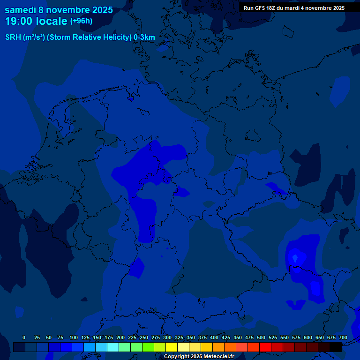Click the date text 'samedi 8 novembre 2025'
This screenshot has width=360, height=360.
(x=59, y=9)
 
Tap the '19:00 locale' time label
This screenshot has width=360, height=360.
(x=36, y=21)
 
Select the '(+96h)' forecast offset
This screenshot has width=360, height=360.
(x=81, y=21)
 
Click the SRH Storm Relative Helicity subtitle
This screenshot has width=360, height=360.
(x=80, y=37)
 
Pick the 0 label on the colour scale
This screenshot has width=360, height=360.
(x=24, y=337)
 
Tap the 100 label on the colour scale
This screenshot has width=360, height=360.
(x=74, y=337)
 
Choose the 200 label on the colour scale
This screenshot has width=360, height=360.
(x=120, y=337)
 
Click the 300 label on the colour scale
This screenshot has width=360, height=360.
(x=167, y=337)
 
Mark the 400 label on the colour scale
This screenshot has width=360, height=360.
(x=214, y=337)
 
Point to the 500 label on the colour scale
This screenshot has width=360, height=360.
(x=261, y=337)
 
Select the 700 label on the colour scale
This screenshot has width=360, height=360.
(x=343, y=337)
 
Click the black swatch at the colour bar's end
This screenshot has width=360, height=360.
(x=336, y=347)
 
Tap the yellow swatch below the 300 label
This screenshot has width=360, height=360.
(x=172, y=347)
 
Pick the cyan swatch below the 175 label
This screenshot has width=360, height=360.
(x=113, y=347)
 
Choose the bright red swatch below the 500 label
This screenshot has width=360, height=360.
(x=265, y=347)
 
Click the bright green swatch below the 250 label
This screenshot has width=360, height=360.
(x=148, y=347)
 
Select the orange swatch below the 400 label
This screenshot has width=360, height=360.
(x=218, y=347)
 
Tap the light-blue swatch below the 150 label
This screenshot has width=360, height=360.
(x=101, y=347)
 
